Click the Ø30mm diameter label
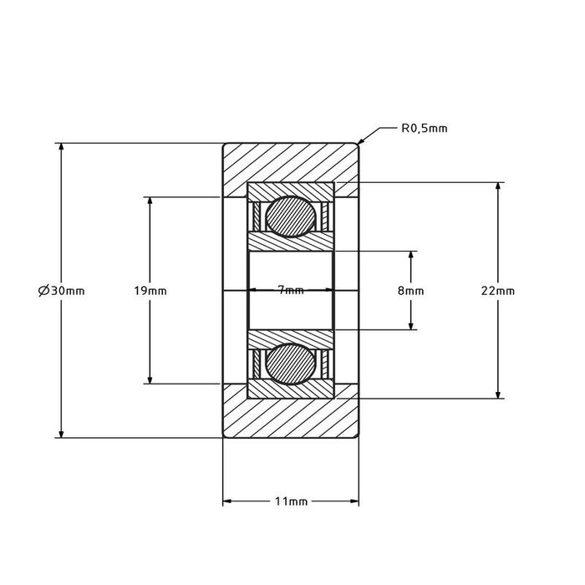coord(61,291)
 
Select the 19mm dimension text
coord(150,291)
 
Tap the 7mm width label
coord(291,290)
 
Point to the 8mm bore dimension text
coord(411,291)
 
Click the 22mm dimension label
coord(498,291)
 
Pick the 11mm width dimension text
coord(291,502)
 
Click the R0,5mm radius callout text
coord(424,129)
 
